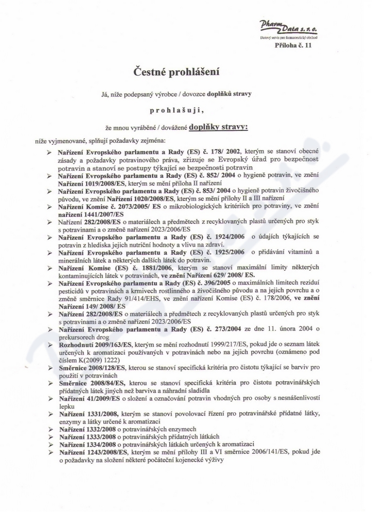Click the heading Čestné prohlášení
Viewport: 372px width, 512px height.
click(177, 72)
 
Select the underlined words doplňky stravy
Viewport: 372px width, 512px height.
click(219, 127)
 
